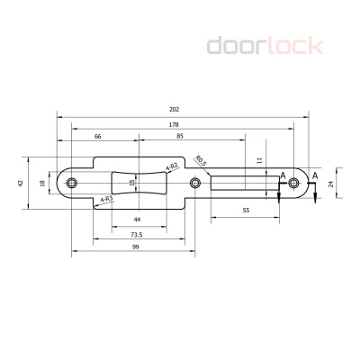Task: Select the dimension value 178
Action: point(174,123)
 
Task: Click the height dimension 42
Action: point(21,182)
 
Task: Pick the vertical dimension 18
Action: point(41,182)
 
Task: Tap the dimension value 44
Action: point(137,220)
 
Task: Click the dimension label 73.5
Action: point(137,233)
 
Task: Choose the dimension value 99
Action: point(135,247)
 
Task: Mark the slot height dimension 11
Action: point(258,159)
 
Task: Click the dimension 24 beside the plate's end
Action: point(331,183)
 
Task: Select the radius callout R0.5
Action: point(201,163)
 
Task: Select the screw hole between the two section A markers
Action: point(292,183)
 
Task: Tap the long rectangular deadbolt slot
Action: point(243,183)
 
